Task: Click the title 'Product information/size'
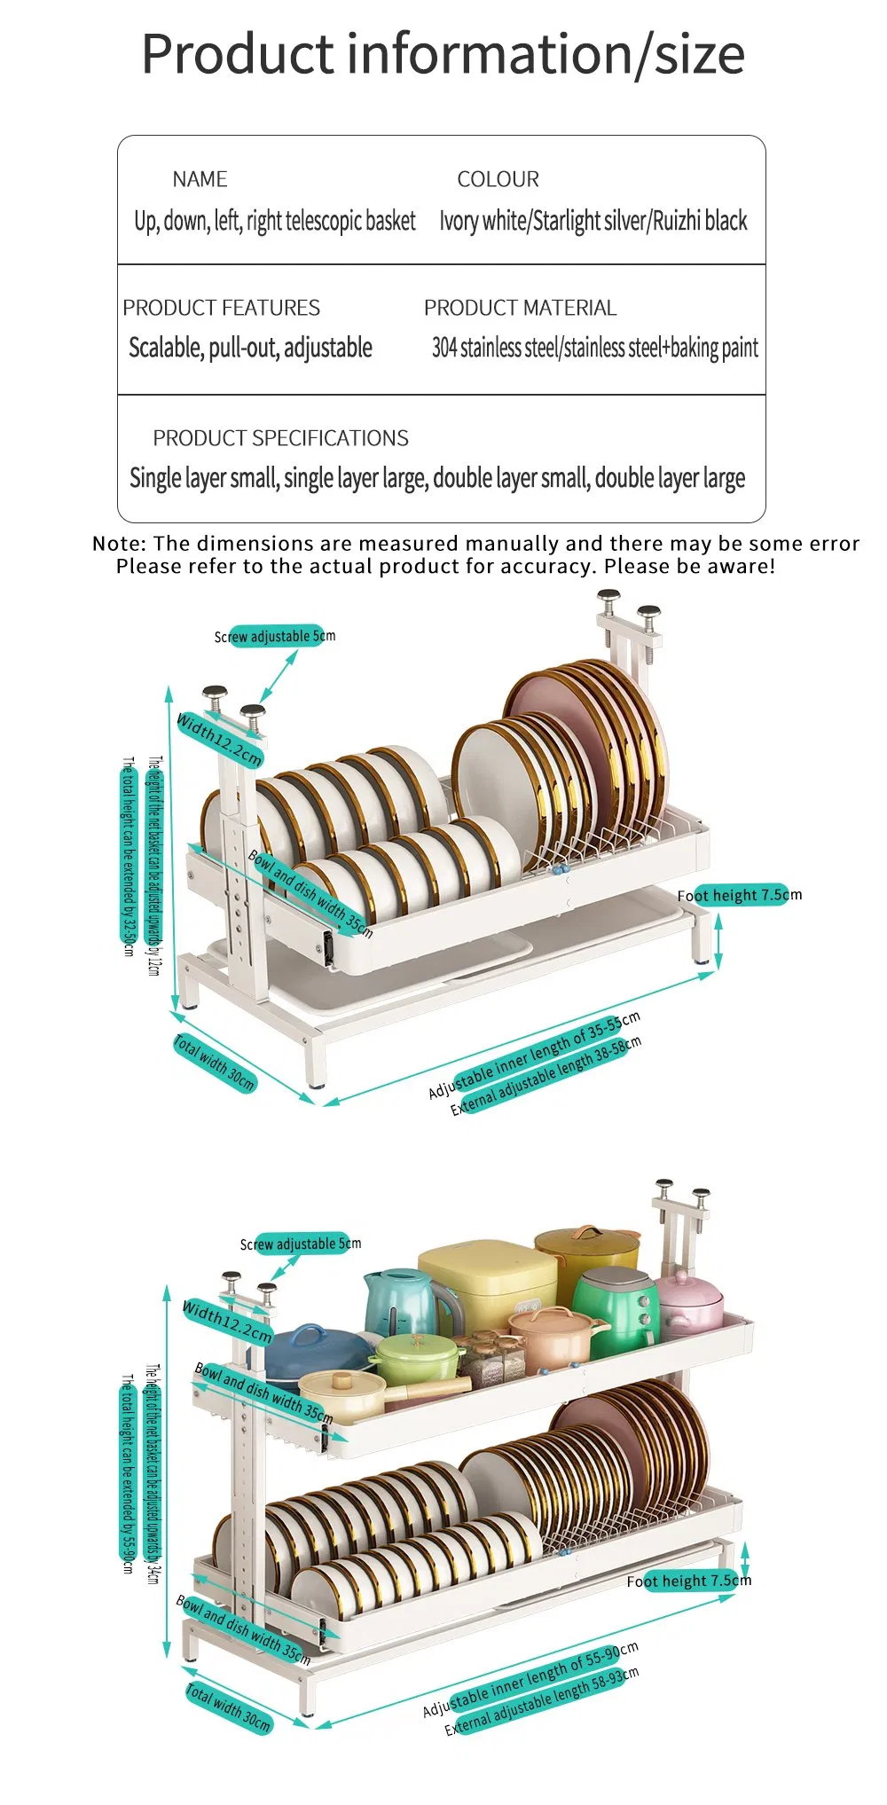coord(443,54)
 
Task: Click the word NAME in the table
coord(200,179)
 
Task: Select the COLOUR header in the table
coord(498,179)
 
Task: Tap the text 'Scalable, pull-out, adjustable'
coord(250,348)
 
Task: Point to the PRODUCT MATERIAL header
coord(520,308)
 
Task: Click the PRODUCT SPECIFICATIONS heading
coord(280,438)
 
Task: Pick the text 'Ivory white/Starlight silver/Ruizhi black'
coord(593,221)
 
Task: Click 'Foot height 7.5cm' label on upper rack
coord(739,895)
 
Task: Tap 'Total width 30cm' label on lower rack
coord(228,1707)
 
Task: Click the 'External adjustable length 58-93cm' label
coord(541,1701)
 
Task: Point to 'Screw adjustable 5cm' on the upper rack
coord(275,636)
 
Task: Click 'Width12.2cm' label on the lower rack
coord(227,1322)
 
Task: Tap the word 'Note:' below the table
coord(119,544)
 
